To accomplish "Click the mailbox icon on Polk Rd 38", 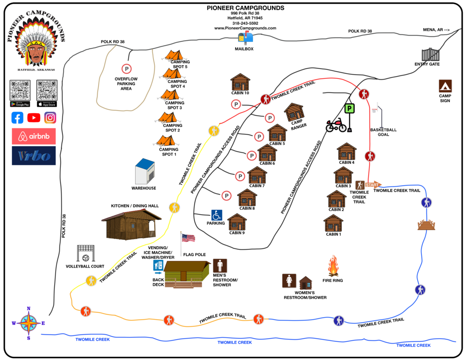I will tap(245, 38).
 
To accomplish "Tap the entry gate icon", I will tap(431, 54).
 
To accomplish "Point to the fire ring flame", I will tap(334, 266).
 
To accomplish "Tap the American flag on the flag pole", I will tap(188, 238).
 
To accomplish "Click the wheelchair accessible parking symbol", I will tap(217, 214).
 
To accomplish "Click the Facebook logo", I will tap(17, 117).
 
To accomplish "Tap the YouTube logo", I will tap(34, 117).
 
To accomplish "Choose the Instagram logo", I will tap(50, 117).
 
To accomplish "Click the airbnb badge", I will tap(34, 136).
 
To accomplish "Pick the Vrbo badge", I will tap(34, 155).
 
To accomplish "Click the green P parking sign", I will tap(349, 109).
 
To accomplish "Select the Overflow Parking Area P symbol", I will tap(126, 69).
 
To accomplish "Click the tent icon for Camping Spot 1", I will tap(166, 141).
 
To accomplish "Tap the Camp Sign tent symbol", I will tap(445, 86).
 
